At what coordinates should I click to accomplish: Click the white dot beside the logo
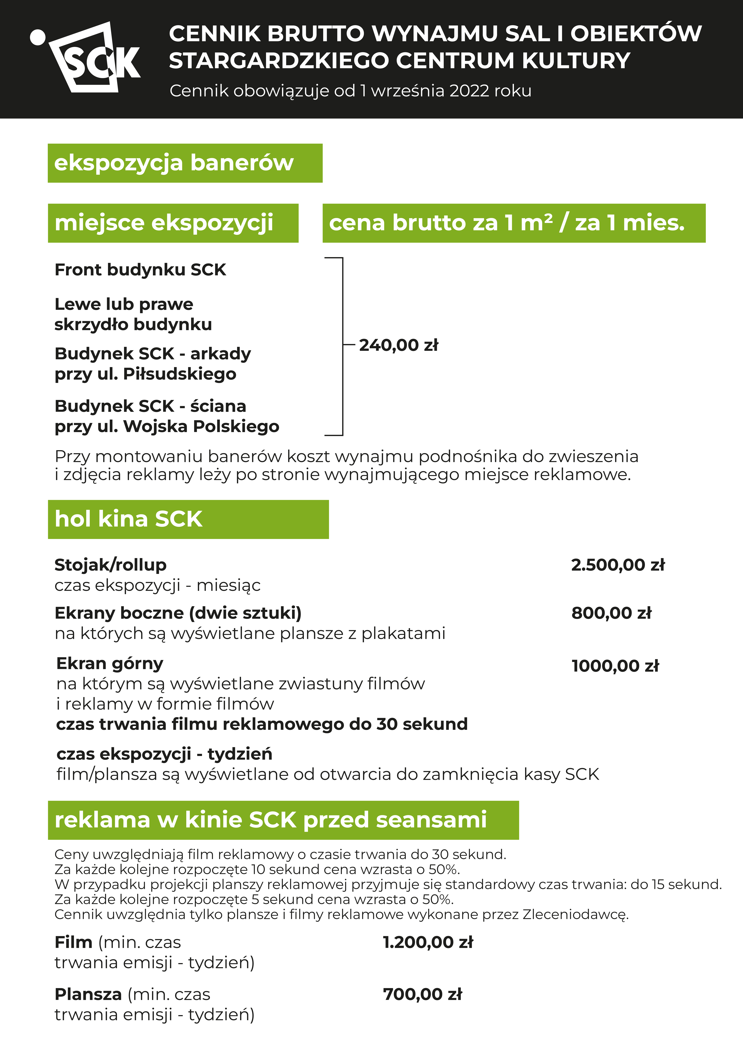pos(38,38)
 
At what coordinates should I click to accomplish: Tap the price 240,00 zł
pos(398,345)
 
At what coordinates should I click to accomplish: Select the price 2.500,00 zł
pos(617,565)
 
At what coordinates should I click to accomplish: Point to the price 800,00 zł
pos(611,613)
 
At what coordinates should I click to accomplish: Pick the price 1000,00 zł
pos(615,666)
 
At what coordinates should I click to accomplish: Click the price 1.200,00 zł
pos(428,943)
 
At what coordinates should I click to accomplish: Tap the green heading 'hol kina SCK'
pos(129,519)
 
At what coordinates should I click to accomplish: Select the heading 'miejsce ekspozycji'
pos(164,223)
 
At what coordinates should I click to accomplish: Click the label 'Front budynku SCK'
pos(140,270)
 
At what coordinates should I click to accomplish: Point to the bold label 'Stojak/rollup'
pos(110,565)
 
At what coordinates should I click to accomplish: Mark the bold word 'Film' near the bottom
pos(73,943)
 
